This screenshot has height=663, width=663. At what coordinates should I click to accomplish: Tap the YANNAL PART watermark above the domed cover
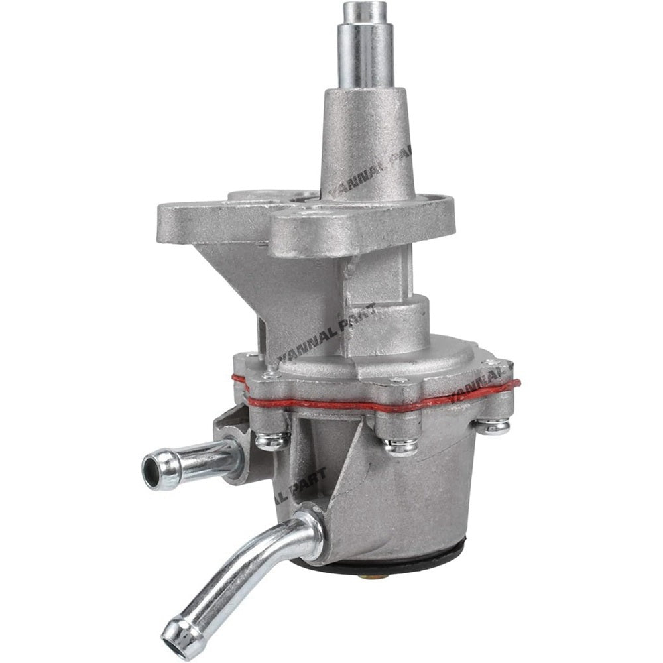point(325,335)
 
